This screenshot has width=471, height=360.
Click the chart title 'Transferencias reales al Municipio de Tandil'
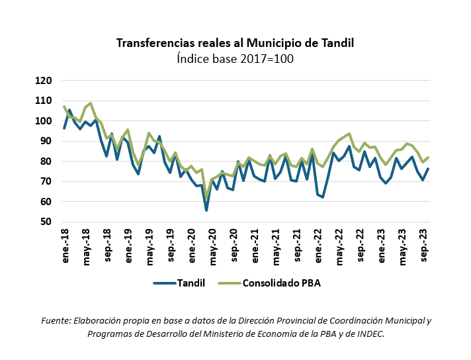[235, 43]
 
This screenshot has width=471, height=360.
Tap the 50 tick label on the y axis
[46, 222]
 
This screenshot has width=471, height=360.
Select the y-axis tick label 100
[43, 121]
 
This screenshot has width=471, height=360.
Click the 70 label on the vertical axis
[46, 181]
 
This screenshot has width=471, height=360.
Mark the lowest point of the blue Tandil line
[206, 210]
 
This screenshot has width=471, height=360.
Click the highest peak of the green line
[91, 103]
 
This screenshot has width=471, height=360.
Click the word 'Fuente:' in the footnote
[56, 321]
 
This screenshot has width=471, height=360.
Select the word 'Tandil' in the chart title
[337, 43]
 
